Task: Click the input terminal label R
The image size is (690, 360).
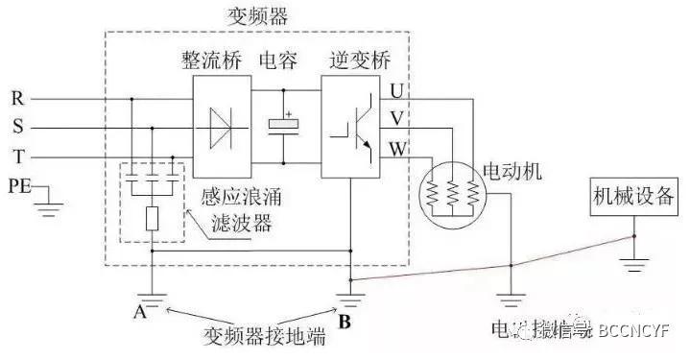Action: pyautogui.click(x=17, y=98)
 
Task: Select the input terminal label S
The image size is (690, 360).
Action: pyautogui.click(x=17, y=127)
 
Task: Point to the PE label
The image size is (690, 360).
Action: pyautogui.click(x=20, y=184)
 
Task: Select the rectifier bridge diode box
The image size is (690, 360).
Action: pyautogui.click(x=220, y=126)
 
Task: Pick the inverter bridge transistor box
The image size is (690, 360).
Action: pyautogui.click(x=351, y=126)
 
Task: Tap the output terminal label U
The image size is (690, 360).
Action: pyautogui.click(x=396, y=92)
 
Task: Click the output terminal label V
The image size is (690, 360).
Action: pyautogui.click(x=396, y=120)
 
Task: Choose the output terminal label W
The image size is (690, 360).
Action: pyautogui.click(x=397, y=149)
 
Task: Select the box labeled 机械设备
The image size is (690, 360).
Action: pyautogui.click(x=631, y=202)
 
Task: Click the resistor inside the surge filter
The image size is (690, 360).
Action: pyautogui.click(x=152, y=218)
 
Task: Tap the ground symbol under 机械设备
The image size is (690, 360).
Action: pyautogui.click(x=632, y=257)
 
